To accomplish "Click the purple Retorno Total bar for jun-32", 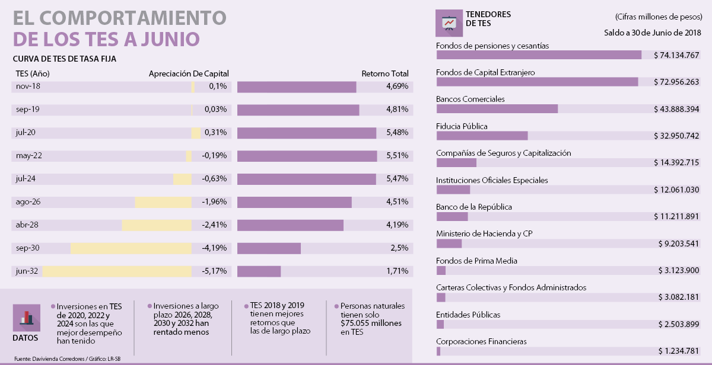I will click(259, 271).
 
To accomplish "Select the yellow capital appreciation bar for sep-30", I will click(131, 248).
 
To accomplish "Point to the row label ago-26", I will click(28, 202).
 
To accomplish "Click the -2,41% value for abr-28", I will click(214, 225).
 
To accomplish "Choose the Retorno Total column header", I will click(385, 74).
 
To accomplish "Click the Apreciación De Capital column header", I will click(189, 74).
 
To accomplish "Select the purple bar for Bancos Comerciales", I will click(497, 109).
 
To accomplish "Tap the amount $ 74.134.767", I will click(677, 55).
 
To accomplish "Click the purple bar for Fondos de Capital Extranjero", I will click(537, 82).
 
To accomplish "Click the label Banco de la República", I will click(473, 207).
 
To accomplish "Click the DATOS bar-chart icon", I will click(26, 318).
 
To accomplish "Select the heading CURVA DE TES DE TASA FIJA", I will click(64, 59).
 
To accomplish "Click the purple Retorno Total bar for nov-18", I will click(297, 87).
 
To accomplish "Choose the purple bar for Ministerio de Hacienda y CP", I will click(449, 244).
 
